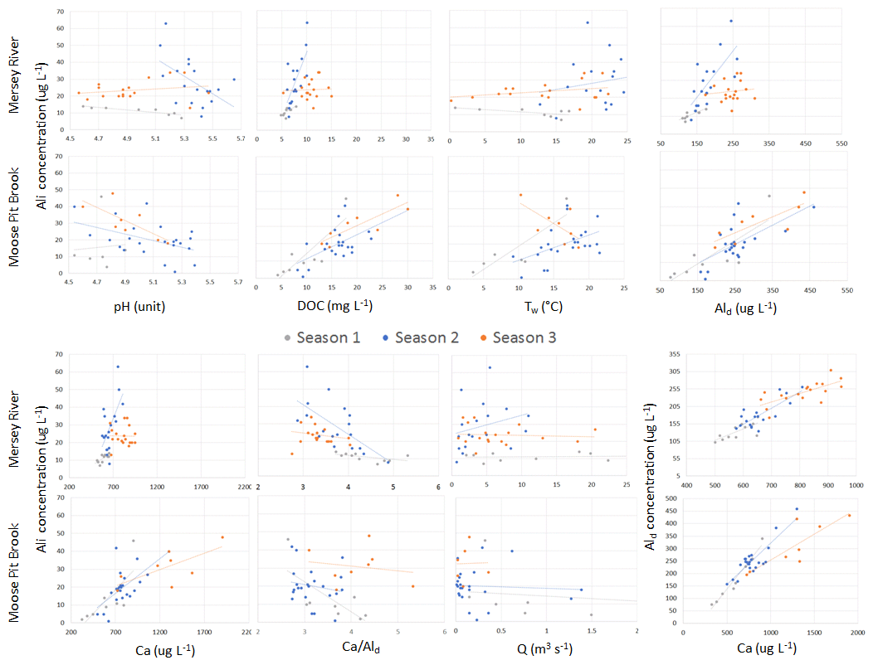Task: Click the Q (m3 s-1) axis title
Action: tap(543, 648)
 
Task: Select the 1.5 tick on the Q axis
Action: tap(591, 630)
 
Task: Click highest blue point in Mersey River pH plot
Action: tap(165, 23)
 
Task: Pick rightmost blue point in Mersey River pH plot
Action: tap(234, 80)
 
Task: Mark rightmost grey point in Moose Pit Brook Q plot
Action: tap(591, 614)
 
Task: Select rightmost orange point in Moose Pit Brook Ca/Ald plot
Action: tap(412, 586)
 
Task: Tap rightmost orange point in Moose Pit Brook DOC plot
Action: tap(407, 209)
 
